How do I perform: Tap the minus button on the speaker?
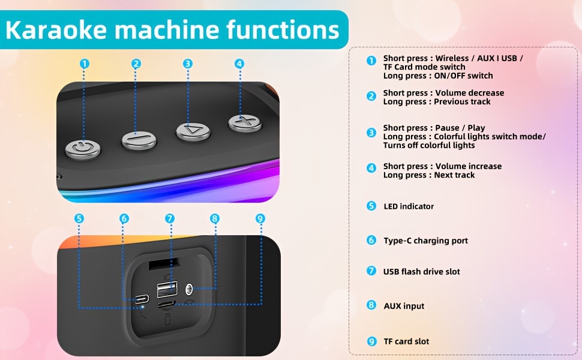[x=139, y=140]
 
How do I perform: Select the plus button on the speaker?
[x=245, y=122]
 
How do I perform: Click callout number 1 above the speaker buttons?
[x=85, y=64]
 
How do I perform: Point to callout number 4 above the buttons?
[x=239, y=64]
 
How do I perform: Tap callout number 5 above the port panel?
[x=79, y=219]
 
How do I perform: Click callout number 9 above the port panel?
[x=260, y=219]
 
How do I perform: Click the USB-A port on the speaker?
[x=167, y=290]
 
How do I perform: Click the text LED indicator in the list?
[x=409, y=206]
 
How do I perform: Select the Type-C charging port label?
[x=425, y=241]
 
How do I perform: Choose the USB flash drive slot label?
[x=421, y=272]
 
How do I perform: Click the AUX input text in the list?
[x=404, y=306]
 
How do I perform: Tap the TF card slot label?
[x=406, y=341]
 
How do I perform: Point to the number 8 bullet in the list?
[x=371, y=305]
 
